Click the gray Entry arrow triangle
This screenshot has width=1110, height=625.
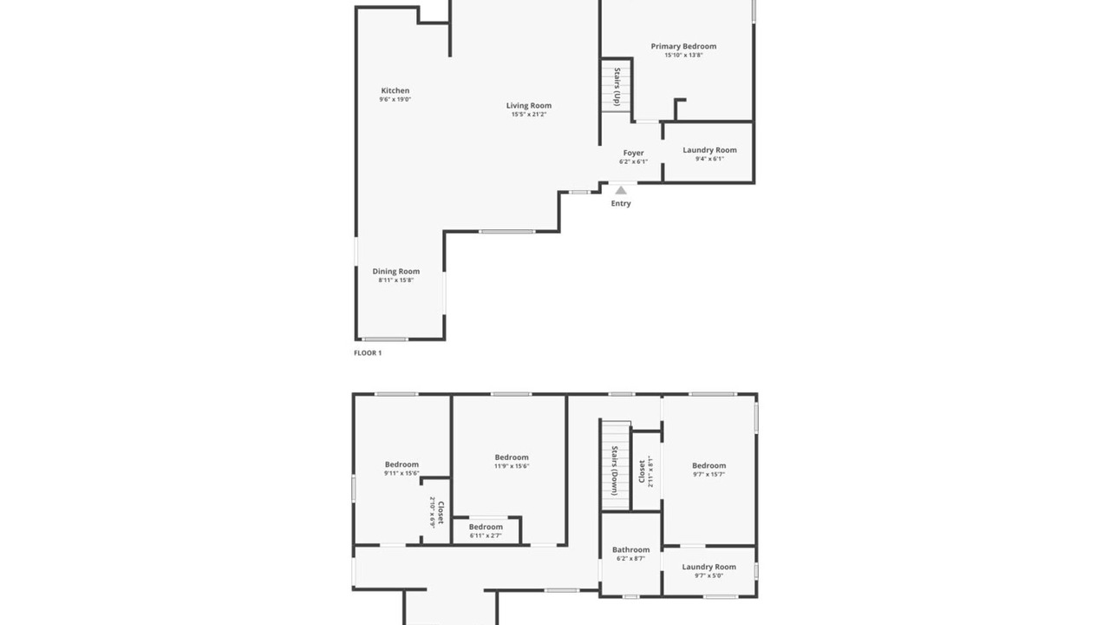click(x=621, y=190)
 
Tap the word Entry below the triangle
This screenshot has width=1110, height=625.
click(x=621, y=203)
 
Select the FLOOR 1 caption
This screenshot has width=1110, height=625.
click(x=368, y=353)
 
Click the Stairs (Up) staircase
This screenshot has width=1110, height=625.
click(x=617, y=85)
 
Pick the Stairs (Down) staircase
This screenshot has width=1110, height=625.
click(x=616, y=465)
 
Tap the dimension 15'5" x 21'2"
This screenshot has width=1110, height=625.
click(x=529, y=115)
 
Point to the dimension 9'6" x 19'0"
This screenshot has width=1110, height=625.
click(x=395, y=99)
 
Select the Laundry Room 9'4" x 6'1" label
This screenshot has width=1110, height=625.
click(x=709, y=155)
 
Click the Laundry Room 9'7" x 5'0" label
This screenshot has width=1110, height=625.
click(x=709, y=571)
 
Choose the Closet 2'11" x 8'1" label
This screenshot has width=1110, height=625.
click(x=646, y=471)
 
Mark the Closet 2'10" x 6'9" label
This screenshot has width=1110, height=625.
click(x=436, y=512)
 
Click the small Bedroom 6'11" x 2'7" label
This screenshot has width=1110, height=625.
click(x=486, y=531)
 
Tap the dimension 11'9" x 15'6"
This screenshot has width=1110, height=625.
click(x=512, y=466)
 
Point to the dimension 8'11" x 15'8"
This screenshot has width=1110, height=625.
click(x=396, y=280)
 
